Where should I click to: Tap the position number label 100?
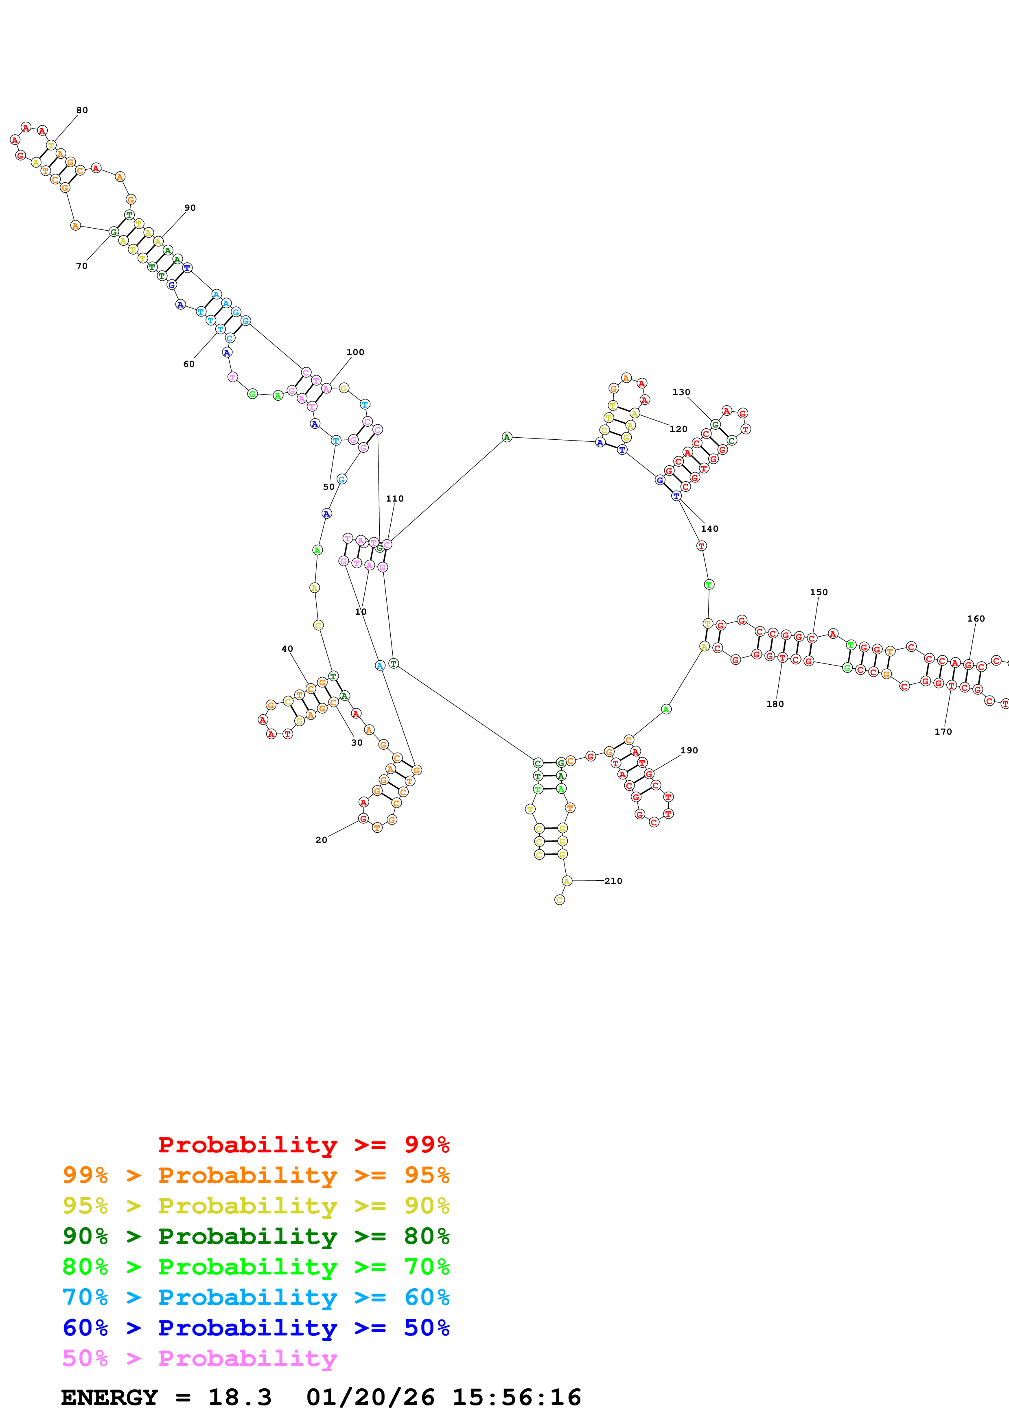355,352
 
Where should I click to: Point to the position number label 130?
681,392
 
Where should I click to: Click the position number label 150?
819,592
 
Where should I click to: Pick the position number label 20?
321,840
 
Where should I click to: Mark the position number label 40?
287,649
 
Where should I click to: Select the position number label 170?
943,731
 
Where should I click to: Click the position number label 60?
189,364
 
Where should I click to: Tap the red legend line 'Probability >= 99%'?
303,1145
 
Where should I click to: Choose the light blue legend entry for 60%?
256,1297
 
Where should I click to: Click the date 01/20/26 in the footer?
370,1397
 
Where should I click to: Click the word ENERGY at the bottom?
109,1397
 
